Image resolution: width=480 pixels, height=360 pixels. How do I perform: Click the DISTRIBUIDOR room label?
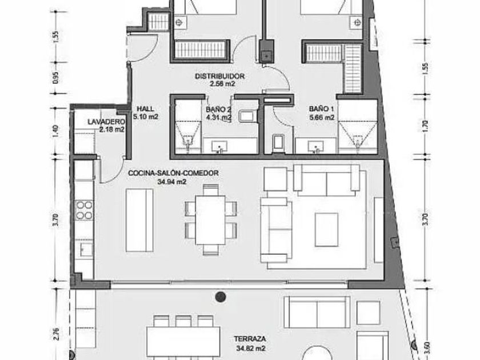click(220, 76)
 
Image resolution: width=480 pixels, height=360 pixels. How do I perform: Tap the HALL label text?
click(145, 109)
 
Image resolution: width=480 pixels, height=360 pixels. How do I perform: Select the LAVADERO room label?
click(106, 122)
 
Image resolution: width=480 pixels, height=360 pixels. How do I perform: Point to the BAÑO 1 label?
click(321, 109)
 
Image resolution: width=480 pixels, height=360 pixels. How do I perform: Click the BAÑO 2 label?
click(218, 109)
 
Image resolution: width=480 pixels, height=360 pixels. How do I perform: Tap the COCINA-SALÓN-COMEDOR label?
click(173, 173)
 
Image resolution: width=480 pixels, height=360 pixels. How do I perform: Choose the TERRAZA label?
click(250, 339)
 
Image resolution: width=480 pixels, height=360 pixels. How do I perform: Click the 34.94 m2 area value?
click(172, 182)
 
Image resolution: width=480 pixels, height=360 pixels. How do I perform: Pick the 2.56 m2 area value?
click(222, 84)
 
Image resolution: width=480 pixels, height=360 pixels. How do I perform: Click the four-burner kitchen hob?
click(84, 210)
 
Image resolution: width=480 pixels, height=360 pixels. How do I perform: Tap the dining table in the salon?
click(210, 220)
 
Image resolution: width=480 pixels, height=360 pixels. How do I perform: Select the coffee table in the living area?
click(327, 230)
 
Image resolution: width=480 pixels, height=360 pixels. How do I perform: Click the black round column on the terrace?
click(221, 297)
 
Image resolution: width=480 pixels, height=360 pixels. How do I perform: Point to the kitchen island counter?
click(139, 220)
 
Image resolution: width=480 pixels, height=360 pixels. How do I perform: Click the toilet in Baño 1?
click(279, 143)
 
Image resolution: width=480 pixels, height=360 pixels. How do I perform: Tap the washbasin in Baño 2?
click(219, 146)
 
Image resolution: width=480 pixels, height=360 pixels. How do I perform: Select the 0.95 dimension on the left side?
click(55, 78)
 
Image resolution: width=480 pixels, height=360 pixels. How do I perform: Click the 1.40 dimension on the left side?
click(55, 131)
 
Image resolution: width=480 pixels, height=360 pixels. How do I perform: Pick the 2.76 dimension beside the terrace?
click(55, 334)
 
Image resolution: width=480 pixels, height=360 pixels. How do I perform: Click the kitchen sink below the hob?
click(86, 250)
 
